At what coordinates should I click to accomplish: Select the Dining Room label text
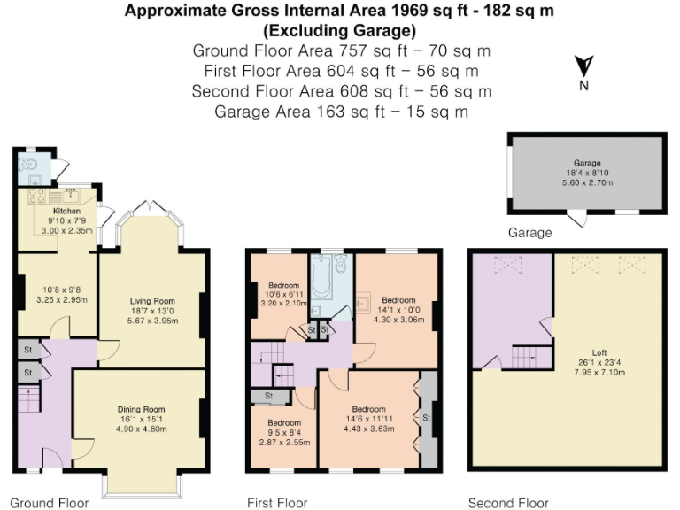(142, 408)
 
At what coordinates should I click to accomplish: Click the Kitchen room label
(66, 212)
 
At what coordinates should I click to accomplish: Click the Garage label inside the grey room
(587, 164)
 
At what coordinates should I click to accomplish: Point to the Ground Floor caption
(50, 503)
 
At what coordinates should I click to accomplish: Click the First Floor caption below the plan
(277, 503)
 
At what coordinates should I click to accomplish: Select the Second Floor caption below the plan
(508, 503)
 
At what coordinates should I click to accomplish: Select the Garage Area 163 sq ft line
(341, 112)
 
